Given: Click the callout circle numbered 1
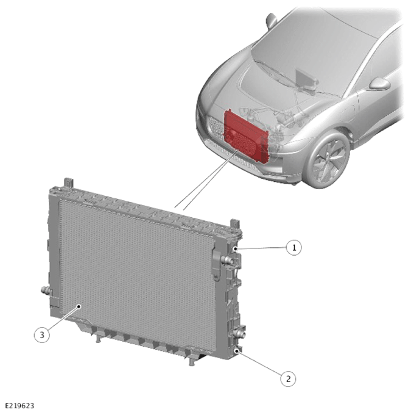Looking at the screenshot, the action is click(293, 247).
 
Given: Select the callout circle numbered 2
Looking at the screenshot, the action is click(288, 379).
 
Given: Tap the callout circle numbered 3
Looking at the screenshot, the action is click(42, 335).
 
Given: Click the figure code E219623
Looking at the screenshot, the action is click(19, 406).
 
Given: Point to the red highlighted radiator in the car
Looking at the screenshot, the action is click(245, 135).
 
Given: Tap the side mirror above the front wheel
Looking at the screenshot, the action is click(379, 84).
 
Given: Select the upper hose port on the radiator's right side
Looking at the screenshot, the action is click(227, 261).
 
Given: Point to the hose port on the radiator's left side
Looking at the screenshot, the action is click(46, 290).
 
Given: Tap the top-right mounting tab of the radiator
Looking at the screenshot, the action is click(235, 223).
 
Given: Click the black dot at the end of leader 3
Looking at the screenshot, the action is click(79, 306).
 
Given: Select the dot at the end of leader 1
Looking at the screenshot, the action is click(235, 249).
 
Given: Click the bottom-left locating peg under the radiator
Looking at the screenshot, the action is click(98, 339).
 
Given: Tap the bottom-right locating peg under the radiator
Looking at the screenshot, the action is click(192, 362).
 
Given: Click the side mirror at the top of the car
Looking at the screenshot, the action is click(272, 21).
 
